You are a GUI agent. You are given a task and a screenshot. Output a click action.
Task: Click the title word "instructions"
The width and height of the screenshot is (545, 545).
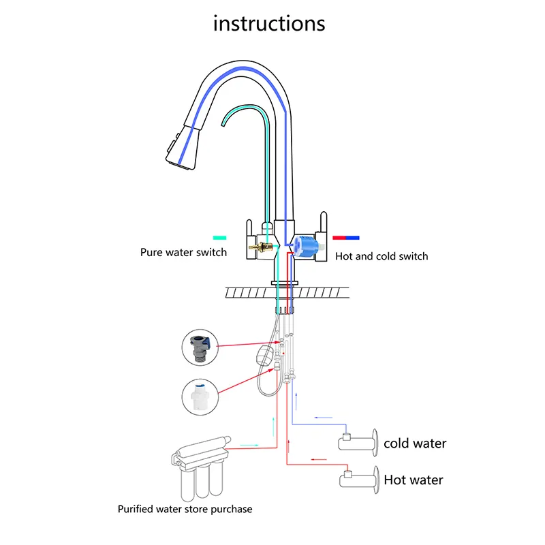[x=269, y=23]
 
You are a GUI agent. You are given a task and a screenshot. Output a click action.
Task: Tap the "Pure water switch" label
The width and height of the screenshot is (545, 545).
[x=183, y=253]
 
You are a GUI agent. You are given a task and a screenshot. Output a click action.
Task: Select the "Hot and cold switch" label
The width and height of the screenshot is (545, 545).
[x=381, y=256]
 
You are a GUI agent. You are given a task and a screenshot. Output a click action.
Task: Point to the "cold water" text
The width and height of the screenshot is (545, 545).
[x=415, y=443]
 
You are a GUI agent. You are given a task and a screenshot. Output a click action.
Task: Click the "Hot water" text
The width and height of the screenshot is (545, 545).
[x=413, y=480]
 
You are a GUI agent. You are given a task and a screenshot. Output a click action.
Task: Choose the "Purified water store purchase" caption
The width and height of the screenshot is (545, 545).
[x=185, y=509]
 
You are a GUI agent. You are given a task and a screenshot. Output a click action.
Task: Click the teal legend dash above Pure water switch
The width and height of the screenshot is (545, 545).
[x=219, y=238]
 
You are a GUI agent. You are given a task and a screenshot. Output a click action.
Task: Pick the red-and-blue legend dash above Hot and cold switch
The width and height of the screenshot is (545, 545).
[x=346, y=238]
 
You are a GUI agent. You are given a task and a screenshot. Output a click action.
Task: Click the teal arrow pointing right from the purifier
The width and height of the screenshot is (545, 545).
[x=249, y=446]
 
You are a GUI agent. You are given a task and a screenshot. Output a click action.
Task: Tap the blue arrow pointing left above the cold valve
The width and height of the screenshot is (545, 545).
[x=324, y=417]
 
